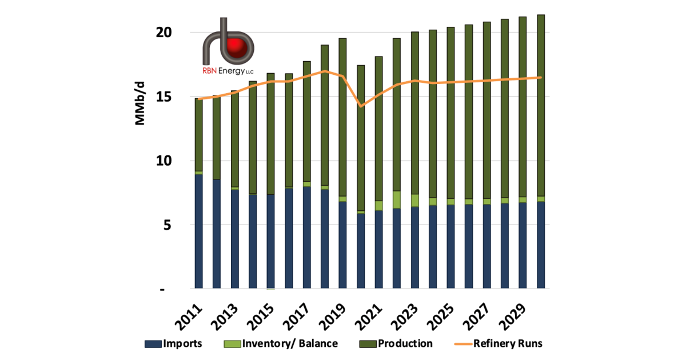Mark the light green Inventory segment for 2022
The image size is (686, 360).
click(397, 199)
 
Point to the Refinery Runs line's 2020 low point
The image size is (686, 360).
click(361, 106)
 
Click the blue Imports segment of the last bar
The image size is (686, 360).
click(540, 245)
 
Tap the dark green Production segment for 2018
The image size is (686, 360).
click(325, 114)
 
